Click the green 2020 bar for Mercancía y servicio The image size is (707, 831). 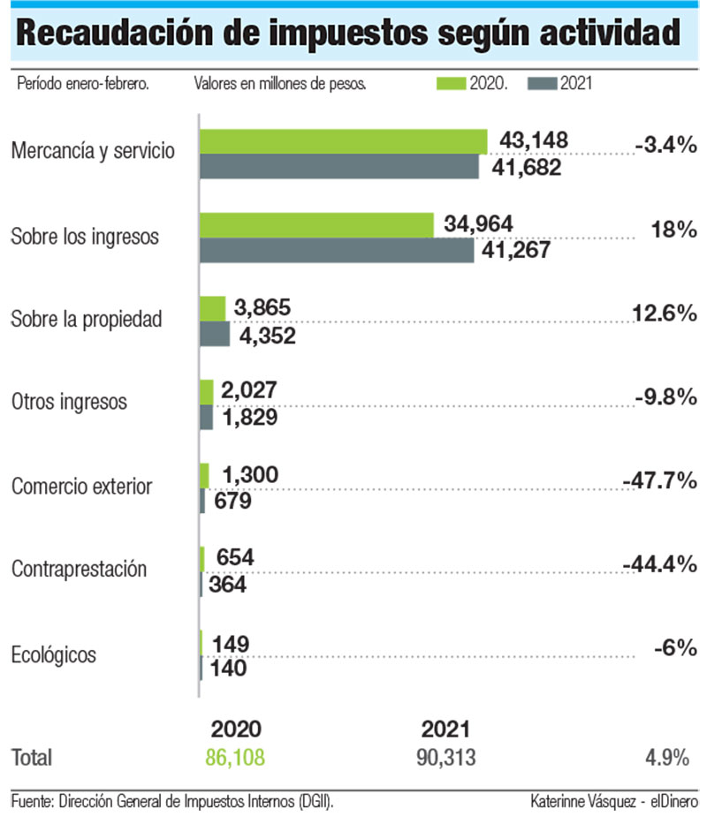click(x=343, y=141)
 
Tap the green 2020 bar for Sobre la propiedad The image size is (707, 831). click(x=213, y=308)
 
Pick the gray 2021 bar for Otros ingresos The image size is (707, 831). click(x=207, y=418)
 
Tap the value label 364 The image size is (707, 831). click(x=228, y=585)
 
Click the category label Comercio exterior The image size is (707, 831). click(x=81, y=487)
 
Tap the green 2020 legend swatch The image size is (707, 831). click(x=451, y=84)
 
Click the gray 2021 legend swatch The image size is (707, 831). click(x=542, y=84)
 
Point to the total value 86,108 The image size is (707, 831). click(x=235, y=758)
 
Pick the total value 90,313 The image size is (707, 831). click(x=445, y=758)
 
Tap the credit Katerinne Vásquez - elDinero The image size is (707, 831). click(x=613, y=802)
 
